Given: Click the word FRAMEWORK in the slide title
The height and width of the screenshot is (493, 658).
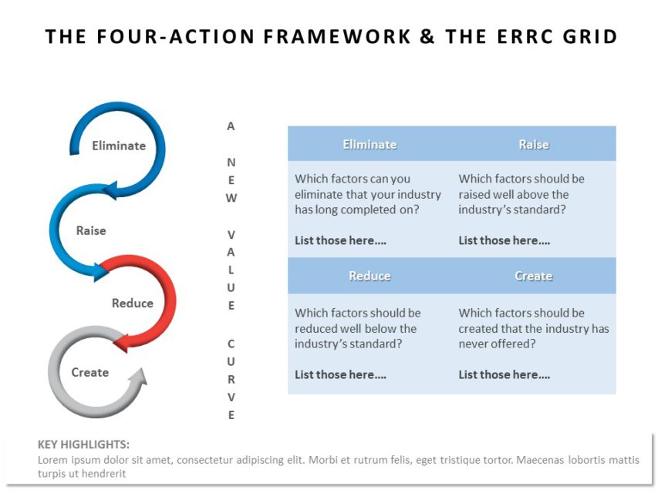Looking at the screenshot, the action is pos(337,36).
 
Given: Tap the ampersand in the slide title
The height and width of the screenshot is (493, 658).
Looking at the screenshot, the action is pos(427,36).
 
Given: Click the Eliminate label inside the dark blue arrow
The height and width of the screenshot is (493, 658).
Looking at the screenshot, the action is pos(119,146).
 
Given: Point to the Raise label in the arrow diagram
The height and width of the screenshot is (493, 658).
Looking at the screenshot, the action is pos(91,230).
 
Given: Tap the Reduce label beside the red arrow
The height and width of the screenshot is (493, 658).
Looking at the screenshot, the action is pos(133,303).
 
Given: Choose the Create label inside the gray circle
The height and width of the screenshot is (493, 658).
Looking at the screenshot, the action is pos(89,372).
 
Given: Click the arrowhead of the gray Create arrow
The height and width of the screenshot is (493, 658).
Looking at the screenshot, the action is pos(139,377).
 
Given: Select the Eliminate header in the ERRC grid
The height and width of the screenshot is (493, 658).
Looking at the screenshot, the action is pos(369,145).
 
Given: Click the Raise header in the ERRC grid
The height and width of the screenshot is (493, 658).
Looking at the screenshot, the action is pos(534,145).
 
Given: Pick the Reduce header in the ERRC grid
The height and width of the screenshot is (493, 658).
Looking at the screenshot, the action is pos(369,276).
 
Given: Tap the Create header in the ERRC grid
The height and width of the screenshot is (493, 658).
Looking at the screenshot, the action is pos(533,276).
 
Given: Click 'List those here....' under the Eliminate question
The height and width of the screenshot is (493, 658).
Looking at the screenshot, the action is pos(340,240).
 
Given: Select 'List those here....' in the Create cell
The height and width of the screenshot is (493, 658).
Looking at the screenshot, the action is pos(504,375).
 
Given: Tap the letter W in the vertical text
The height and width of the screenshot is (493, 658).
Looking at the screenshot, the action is pos(231,198).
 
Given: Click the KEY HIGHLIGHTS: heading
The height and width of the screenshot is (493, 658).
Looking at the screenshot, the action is pos(83,444).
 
